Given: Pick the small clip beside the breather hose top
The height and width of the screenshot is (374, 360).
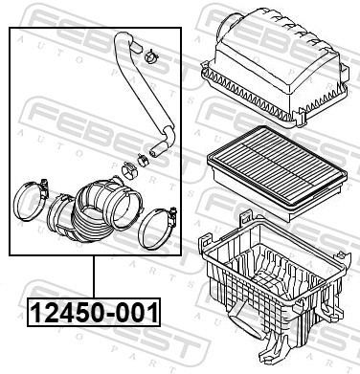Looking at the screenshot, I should (x=151, y=58).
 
